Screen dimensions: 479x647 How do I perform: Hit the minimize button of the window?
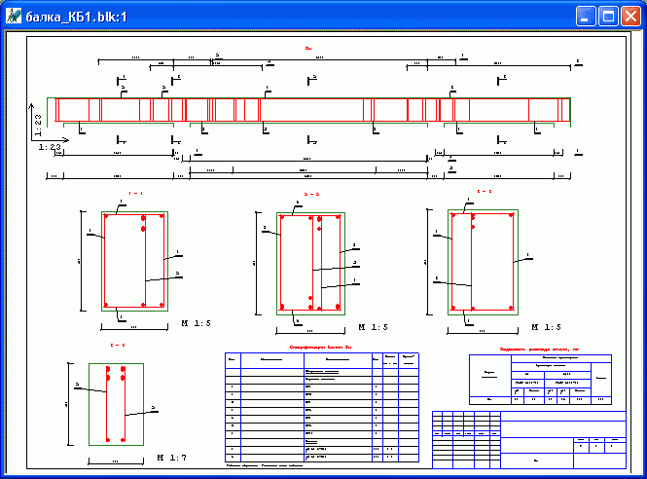click(586, 17)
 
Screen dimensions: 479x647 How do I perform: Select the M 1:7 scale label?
click(175, 457)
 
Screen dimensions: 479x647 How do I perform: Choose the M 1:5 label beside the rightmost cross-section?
click(545, 327)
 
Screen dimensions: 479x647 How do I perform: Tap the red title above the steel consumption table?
click(540, 347)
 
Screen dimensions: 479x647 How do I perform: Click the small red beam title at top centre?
click(308, 47)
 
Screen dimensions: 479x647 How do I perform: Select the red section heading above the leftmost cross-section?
click(135, 194)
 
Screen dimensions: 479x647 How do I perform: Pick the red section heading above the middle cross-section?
click(311, 195)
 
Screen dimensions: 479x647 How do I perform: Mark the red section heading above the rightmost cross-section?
click(484, 192)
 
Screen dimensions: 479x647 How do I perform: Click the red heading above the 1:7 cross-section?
click(117, 345)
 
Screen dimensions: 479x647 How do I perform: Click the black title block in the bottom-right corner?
click(528, 437)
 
